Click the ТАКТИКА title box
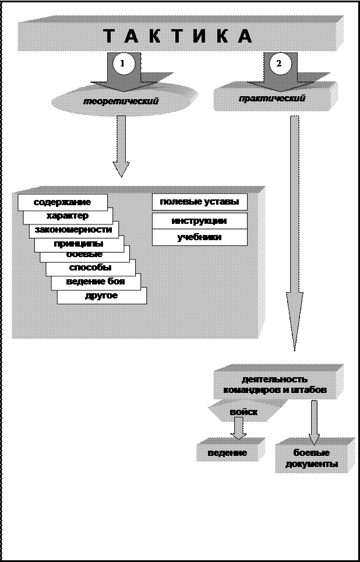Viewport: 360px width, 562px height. [178, 36]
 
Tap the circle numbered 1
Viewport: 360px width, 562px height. [123, 64]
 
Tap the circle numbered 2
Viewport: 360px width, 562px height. [279, 64]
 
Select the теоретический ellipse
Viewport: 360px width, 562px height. [121, 101]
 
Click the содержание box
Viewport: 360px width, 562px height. [62, 202]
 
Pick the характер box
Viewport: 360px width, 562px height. [68, 216]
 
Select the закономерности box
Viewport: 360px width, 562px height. [73, 230]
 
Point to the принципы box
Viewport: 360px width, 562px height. [79, 244]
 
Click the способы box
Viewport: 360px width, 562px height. [90, 268]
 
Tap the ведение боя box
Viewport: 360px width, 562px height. [96, 282]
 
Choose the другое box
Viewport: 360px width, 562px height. [101, 296]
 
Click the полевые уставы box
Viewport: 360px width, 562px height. [199, 202]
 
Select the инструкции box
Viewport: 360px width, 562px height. [199, 221]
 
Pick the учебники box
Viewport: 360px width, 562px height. [199, 237]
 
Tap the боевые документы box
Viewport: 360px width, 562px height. [315, 458]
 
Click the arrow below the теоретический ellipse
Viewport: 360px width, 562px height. [121, 146]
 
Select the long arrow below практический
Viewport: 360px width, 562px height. [295, 233]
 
